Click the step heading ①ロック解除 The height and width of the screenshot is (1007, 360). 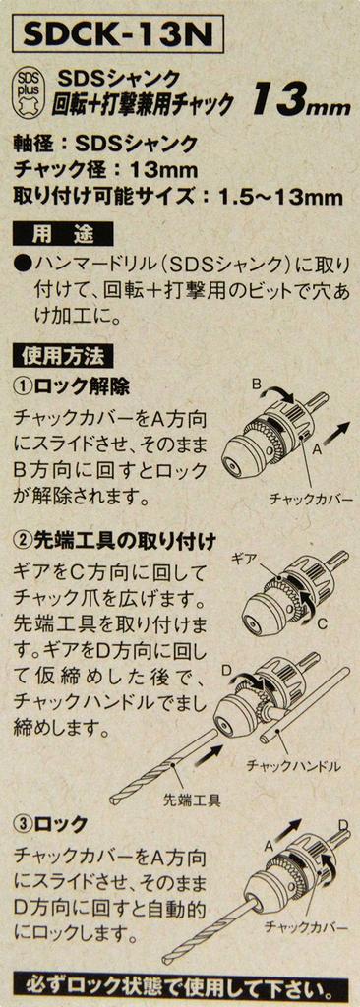click(72, 387)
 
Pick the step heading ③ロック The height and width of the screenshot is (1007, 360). click(51, 824)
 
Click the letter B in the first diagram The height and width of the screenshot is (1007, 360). click(255, 385)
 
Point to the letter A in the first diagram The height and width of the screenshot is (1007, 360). click(317, 450)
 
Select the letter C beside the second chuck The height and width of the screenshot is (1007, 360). click(324, 622)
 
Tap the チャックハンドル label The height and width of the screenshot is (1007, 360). click(293, 766)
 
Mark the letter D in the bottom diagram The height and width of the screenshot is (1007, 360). click(344, 825)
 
